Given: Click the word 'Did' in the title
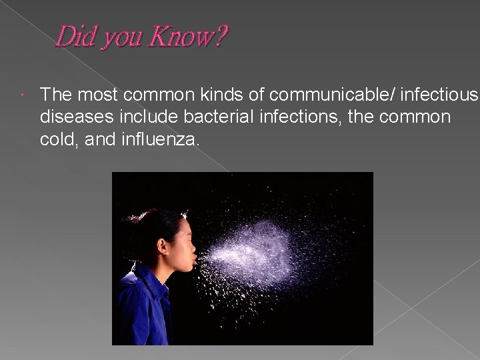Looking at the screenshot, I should tap(74, 37).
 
